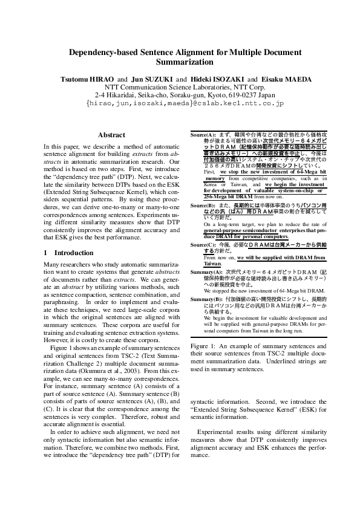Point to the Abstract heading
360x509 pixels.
click(x=111, y=135)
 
